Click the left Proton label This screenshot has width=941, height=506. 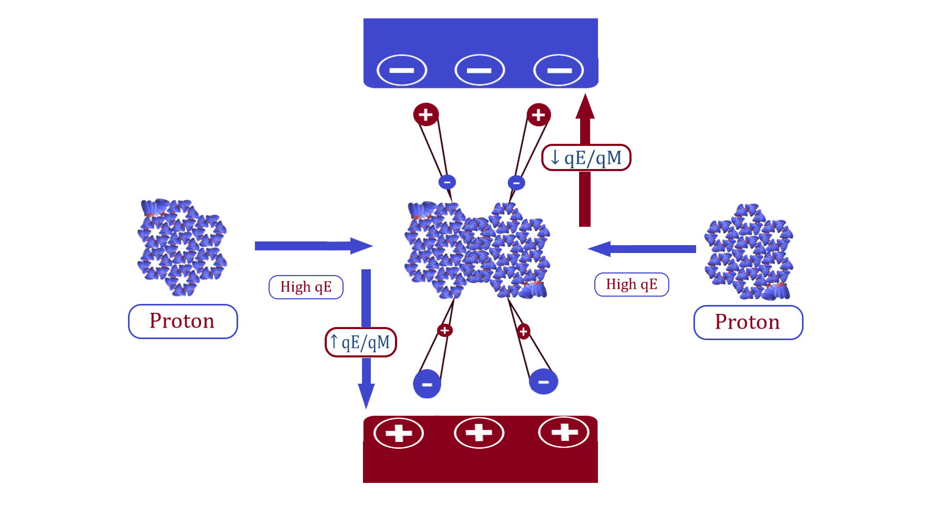click(x=183, y=321)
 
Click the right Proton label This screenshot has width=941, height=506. click(x=748, y=322)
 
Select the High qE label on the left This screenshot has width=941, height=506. click(x=306, y=287)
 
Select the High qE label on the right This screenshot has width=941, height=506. click(x=632, y=284)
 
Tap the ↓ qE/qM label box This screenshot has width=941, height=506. click(x=586, y=157)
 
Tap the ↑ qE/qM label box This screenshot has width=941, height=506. click(x=361, y=342)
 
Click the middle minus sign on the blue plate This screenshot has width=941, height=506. click(x=479, y=70)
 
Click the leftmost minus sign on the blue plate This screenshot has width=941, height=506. click(x=402, y=70)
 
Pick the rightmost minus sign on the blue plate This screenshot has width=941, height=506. click(x=559, y=70)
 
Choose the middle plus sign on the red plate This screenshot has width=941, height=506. click(x=479, y=433)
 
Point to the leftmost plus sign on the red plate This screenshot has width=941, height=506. click(x=399, y=433)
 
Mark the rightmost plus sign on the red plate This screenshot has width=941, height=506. click(x=564, y=432)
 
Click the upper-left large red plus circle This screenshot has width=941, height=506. click(x=426, y=114)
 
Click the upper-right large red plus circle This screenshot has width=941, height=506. click(x=539, y=115)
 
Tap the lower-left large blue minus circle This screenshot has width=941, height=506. click(x=427, y=384)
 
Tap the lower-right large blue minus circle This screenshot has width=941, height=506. click(x=543, y=382)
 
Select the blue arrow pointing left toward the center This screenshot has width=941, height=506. click(x=643, y=249)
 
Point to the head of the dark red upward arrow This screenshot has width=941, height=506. click(x=585, y=107)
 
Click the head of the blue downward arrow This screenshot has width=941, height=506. click(x=366, y=395)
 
